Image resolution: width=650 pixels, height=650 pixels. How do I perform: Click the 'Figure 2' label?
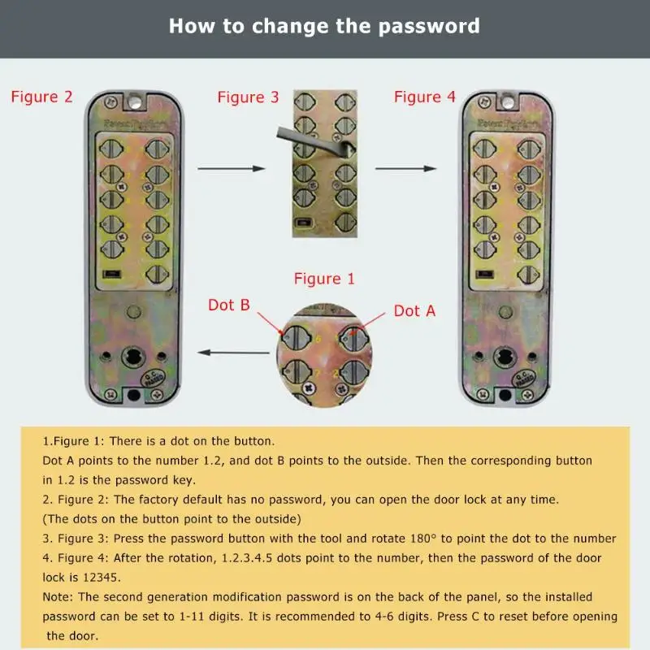pos(41,97)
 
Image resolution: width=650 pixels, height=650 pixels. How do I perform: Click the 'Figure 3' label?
pos(248,98)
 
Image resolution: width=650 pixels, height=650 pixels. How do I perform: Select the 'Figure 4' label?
pos(425,97)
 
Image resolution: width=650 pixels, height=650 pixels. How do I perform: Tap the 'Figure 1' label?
pos(324,279)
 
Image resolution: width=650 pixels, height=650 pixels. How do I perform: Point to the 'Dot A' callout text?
pos(414,310)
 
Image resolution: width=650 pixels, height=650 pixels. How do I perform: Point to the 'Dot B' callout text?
pos(229,305)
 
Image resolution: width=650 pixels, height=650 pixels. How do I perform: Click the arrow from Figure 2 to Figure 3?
pos(232,168)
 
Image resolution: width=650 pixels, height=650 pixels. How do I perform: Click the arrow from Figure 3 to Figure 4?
pos(405,168)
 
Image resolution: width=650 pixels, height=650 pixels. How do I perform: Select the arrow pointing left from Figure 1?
pos(235,353)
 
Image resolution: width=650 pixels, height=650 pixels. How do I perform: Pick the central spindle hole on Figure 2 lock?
pos(133,357)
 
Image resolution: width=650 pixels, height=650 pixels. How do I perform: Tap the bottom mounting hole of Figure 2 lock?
pos(133,396)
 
